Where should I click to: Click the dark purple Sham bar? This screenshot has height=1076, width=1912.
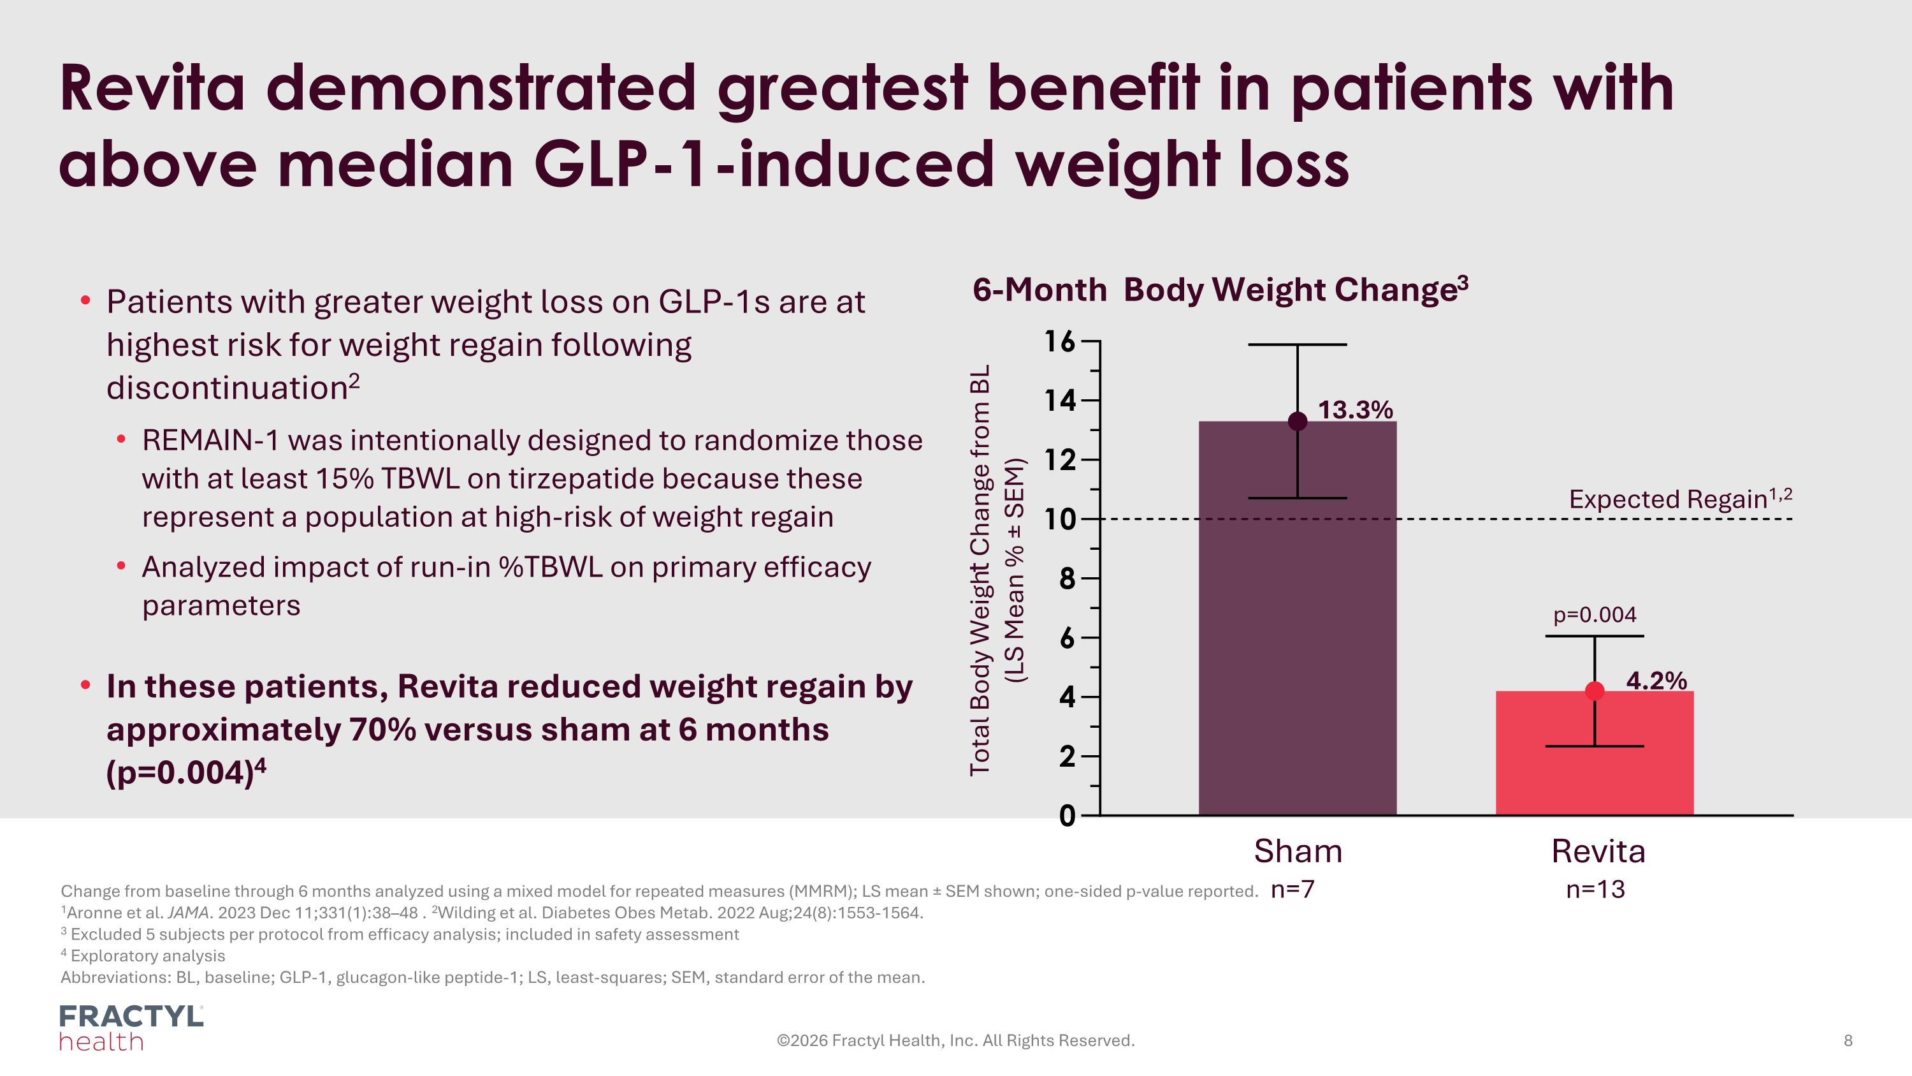click(1298, 631)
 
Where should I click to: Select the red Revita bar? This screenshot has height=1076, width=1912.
click(1595, 765)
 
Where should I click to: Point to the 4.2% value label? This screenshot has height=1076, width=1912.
click(1656, 680)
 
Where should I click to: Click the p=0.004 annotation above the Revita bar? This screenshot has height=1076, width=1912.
click(1595, 615)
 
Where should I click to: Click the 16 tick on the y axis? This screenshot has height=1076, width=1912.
click(1060, 342)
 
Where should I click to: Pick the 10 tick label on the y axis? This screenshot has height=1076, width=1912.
click(1060, 519)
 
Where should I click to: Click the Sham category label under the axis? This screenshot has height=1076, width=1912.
click(1298, 851)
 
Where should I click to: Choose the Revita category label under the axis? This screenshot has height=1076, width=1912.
click(1598, 851)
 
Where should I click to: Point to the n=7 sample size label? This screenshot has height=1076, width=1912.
click(1293, 889)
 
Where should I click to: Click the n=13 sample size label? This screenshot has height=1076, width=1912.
click(1595, 889)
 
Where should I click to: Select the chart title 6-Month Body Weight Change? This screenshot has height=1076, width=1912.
click(1220, 290)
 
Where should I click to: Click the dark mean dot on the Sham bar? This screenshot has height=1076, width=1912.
click(1298, 422)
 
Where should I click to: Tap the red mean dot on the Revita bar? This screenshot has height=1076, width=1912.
click(1595, 691)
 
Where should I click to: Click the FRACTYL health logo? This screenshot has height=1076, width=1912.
click(131, 1028)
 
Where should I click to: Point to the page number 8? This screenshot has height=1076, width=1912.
click(1848, 1040)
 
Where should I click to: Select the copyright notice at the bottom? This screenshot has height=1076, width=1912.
click(955, 1040)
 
